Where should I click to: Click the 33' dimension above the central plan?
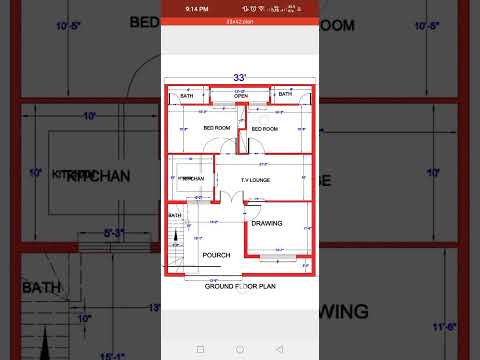239,77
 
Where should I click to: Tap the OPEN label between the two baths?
240,98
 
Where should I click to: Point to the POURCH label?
216,255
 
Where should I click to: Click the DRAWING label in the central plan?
267,223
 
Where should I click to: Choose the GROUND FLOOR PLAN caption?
239,286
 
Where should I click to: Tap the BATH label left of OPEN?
189,94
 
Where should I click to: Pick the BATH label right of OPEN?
285,94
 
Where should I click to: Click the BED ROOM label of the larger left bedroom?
217,128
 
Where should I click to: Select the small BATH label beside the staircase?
175,216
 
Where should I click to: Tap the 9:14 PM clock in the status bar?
196,10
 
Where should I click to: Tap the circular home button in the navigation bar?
239,349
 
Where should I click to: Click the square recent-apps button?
200,349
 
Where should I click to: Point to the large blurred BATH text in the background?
42,287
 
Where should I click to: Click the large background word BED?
143,22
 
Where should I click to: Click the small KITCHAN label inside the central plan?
193,179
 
